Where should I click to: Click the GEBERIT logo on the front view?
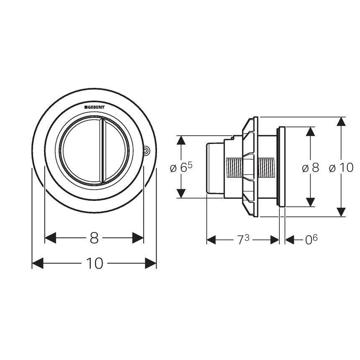94,107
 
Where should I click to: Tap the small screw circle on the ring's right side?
146,151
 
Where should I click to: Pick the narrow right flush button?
115,151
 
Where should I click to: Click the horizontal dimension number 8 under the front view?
94,238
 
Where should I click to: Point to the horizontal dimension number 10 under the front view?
95,263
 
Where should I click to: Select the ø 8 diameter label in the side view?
311,168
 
